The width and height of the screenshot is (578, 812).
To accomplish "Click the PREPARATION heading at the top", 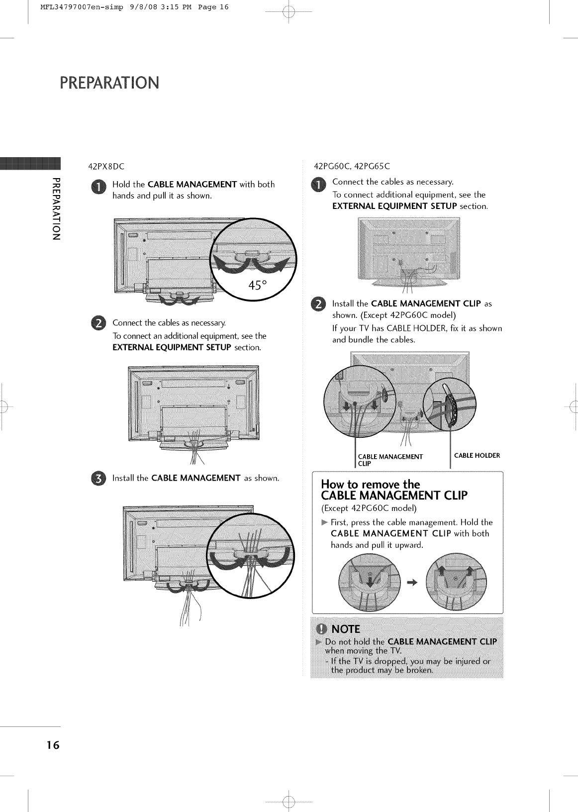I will click(x=109, y=82).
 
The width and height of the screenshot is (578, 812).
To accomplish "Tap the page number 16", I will click(x=53, y=745).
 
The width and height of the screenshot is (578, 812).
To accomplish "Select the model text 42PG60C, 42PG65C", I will click(x=352, y=166).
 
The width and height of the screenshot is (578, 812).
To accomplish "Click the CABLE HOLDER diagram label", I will click(x=477, y=455).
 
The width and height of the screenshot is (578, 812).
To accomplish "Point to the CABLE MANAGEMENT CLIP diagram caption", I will click(x=390, y=460).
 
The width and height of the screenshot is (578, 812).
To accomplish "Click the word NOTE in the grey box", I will click(x=345, y=628).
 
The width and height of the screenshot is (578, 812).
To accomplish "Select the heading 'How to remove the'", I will click(x=370, y=484).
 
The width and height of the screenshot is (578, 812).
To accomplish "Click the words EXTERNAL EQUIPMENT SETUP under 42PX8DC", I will click(x=172, y=347).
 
